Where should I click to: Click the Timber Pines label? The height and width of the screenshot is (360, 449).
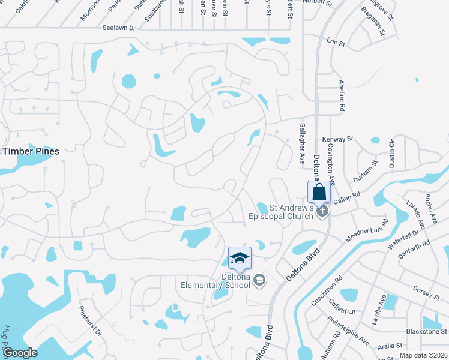[31, 151]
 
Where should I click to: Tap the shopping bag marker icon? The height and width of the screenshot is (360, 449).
[319, 193]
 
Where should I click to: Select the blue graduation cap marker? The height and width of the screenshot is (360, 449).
[240, 258]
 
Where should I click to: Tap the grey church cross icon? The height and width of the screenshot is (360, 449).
[323, 211]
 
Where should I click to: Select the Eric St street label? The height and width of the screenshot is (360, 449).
[336, 43]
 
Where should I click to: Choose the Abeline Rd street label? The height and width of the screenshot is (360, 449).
[342, 95]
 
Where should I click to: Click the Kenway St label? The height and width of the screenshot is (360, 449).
[337, 139]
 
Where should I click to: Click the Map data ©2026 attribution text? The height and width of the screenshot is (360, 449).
[423, 355]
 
